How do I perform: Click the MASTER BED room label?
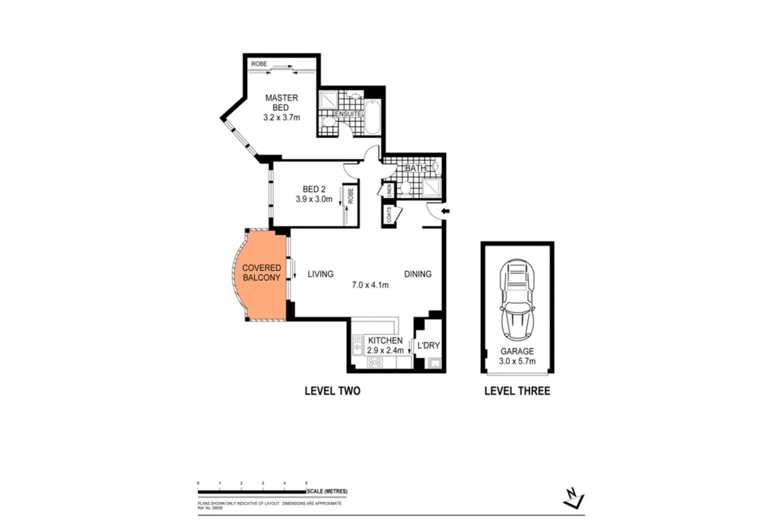pyautogui.click(x=281, y=103)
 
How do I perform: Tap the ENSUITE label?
pyautogui.click(x=348, y=114)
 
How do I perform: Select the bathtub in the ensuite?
pyautogui.click(x=372, y=118)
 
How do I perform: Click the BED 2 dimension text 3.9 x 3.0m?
pyautogui.click(x=314, y=199)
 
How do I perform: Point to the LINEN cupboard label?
pyautogui.click(x=389, y=190)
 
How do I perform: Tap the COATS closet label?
pyautogui.click(x=389, y=215)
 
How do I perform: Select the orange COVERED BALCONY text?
pyautogui.click(x=261, y=273)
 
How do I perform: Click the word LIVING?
pyautogui.click(x=321, y=274)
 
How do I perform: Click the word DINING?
pyautogui.click(x=417, y=274)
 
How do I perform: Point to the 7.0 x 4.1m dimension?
pyautogui.click(x=370, y=285)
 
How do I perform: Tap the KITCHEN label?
pyautogui.click(x=385, y=340)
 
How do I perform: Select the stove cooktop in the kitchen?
pyautogui.click(x=374, y=362)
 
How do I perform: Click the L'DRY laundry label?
pyautogui.click(x=428, y=346)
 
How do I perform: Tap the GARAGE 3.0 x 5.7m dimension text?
pyautogui.click(x=517, y=361)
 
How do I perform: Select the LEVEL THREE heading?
pyautogui.click(x=517, y=391)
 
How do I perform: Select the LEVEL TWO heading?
pyautogui.click(x=332, y=391)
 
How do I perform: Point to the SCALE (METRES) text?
pyautogui.click(x=327, y=491)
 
